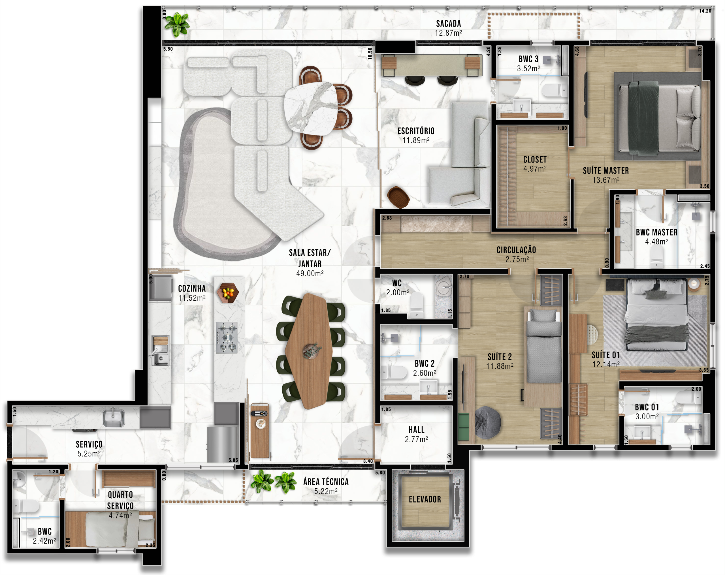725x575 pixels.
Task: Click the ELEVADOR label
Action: (x=425, y=499)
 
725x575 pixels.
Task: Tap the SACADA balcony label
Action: (x=448, y=23)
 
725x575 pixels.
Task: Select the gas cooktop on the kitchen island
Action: (x=227, y=337)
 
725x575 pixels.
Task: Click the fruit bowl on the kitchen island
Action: (x=228, y=293)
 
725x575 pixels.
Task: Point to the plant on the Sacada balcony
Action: (x=177, y=24)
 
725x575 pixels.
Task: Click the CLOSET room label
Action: (x=535, y=159)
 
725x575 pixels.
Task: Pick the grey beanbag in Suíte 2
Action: (x=488, y=422)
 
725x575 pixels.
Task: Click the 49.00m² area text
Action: (x=310, y=273)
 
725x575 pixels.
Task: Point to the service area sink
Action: (x=113, y=417)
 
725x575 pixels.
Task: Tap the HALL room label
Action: (x=416, y=430)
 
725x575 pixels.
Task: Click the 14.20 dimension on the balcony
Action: (x=705, y=11)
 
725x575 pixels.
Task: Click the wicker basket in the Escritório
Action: (x=398, y=197)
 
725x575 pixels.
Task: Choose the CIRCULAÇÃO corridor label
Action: (x=516, y=250)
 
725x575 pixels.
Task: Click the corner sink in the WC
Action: (x=444, y=286)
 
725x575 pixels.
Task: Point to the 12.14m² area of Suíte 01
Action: (x=605, y=364)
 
